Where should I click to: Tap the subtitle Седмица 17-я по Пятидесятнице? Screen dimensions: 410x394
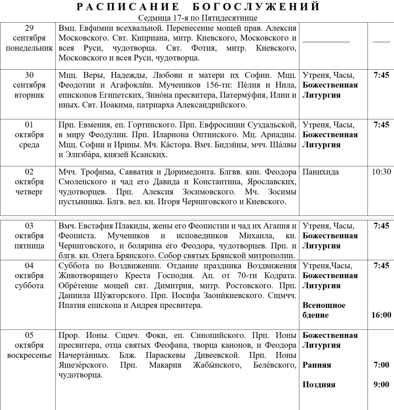coord(197,18)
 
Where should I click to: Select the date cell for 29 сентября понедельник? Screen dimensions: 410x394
coord(29,38)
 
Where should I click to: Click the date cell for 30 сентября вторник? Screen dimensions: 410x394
coord(29,85)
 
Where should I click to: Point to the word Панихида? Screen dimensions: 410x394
coord(321,172)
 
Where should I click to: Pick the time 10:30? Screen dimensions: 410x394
coord(381,172)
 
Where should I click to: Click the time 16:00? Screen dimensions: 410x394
coord(381,315)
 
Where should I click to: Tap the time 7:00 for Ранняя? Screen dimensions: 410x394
coord(381,365)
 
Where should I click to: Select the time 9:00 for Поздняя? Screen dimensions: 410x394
coord(381,385)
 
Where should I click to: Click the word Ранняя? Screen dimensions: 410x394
coord(317,365)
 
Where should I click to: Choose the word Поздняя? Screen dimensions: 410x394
coord(319,385)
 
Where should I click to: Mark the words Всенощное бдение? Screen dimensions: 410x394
coord(324,310)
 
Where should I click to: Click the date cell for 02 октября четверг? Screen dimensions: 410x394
coord(29,182)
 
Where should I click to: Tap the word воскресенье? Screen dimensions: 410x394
coord(29,355)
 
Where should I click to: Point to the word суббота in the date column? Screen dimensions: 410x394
coord(29,286)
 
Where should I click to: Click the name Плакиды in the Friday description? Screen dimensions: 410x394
coord(132,226)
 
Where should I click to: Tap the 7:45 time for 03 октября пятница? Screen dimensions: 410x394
coord(381,226)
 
